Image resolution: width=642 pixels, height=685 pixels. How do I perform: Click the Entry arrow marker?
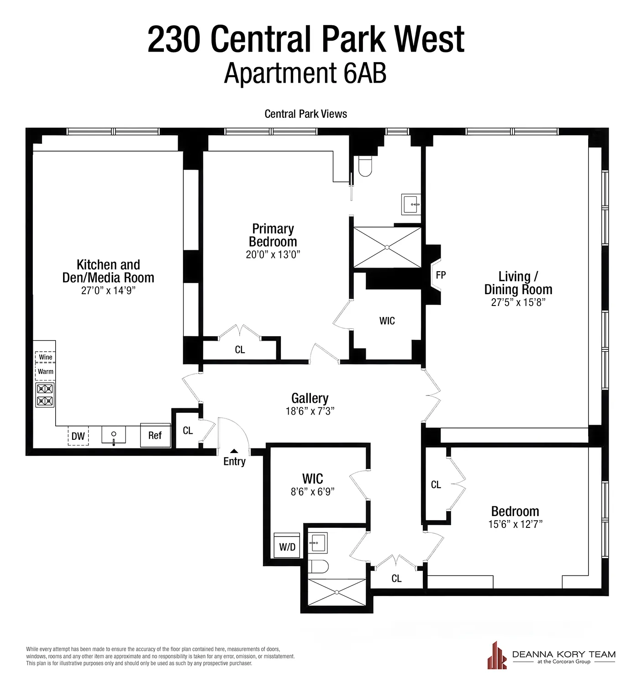pos(234,451)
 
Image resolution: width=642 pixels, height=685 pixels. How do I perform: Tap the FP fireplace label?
pos(441,275)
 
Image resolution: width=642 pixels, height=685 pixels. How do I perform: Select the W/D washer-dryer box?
pos(287,546)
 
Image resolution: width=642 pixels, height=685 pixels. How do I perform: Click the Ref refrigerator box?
pos(155,435)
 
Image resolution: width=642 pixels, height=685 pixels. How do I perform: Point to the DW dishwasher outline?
pos(78,436)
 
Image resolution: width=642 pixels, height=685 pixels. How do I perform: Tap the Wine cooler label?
pos(46,357)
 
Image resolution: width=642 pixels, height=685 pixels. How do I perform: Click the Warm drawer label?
pos(46,372)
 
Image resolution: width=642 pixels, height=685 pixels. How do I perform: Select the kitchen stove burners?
pos(45,395)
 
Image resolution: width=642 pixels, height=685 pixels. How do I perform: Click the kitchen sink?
pos(114,436)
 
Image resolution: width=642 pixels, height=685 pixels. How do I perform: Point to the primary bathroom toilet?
pos(365,167)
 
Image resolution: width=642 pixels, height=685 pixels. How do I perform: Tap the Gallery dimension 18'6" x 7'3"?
pos(310,411)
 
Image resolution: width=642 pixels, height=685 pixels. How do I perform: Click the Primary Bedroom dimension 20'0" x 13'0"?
pos(273,255)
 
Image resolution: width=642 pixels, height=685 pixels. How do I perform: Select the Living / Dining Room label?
pos(518,283)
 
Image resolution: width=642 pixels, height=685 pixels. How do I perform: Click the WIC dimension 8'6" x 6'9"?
pos(313,492)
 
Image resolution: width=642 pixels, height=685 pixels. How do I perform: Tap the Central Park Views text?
pos(305,114)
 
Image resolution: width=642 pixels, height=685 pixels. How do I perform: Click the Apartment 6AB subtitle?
pos(305,73)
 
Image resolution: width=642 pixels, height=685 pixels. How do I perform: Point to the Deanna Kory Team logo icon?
pos(497,656)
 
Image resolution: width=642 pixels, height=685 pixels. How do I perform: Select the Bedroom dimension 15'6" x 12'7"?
pos(515,524)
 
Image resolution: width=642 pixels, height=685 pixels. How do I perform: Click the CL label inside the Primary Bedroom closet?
pos(240,350)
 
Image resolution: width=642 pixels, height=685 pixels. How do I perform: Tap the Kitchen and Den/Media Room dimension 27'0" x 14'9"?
pos(108,291)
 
